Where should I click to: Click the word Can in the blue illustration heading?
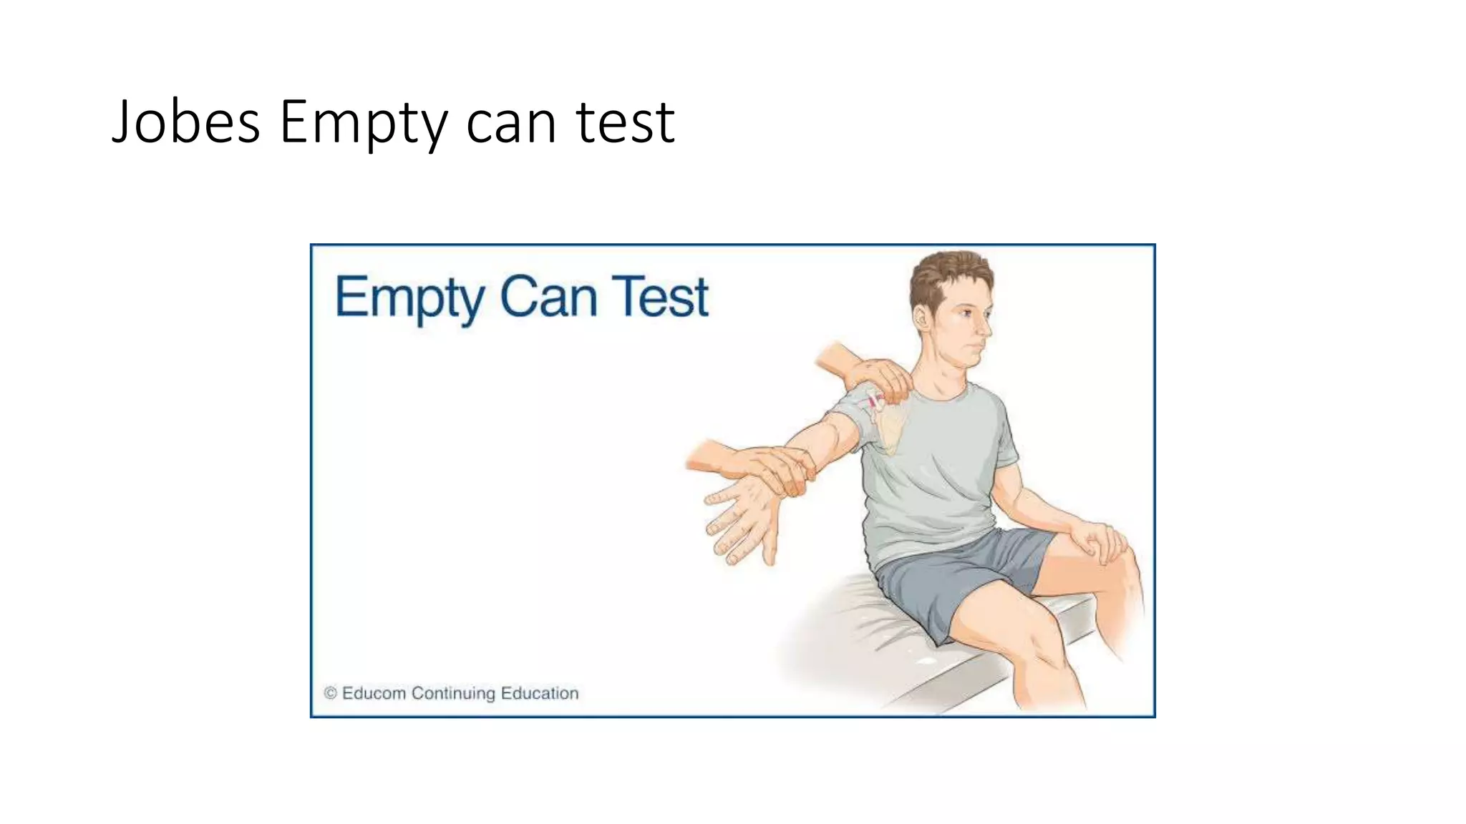click(548, 297)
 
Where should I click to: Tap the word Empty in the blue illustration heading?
click(409, 298)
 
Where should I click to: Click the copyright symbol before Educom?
click(330, 693)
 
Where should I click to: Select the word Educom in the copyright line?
click(374, 693)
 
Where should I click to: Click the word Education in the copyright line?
click(540, 693)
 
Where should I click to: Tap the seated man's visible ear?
click(923, 320)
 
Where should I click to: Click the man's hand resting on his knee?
click(1103, 541)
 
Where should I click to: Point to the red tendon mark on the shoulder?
click(873, 403)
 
